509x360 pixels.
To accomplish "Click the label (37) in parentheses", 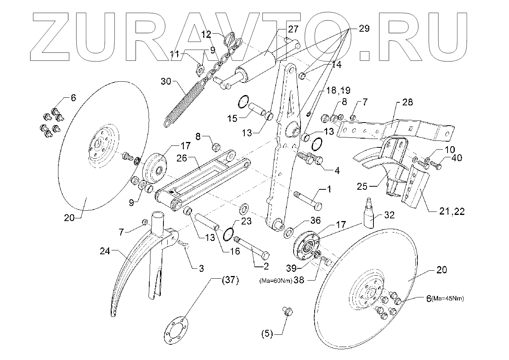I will tap(230, 281).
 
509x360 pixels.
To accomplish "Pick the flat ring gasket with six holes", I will tap(176, 328).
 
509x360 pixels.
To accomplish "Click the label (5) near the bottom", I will tap(267, 334).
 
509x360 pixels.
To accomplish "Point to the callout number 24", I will tap(105, 251).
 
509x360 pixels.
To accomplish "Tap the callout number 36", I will tap(315, 220).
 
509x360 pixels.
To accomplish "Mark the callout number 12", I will tap(206, 34).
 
